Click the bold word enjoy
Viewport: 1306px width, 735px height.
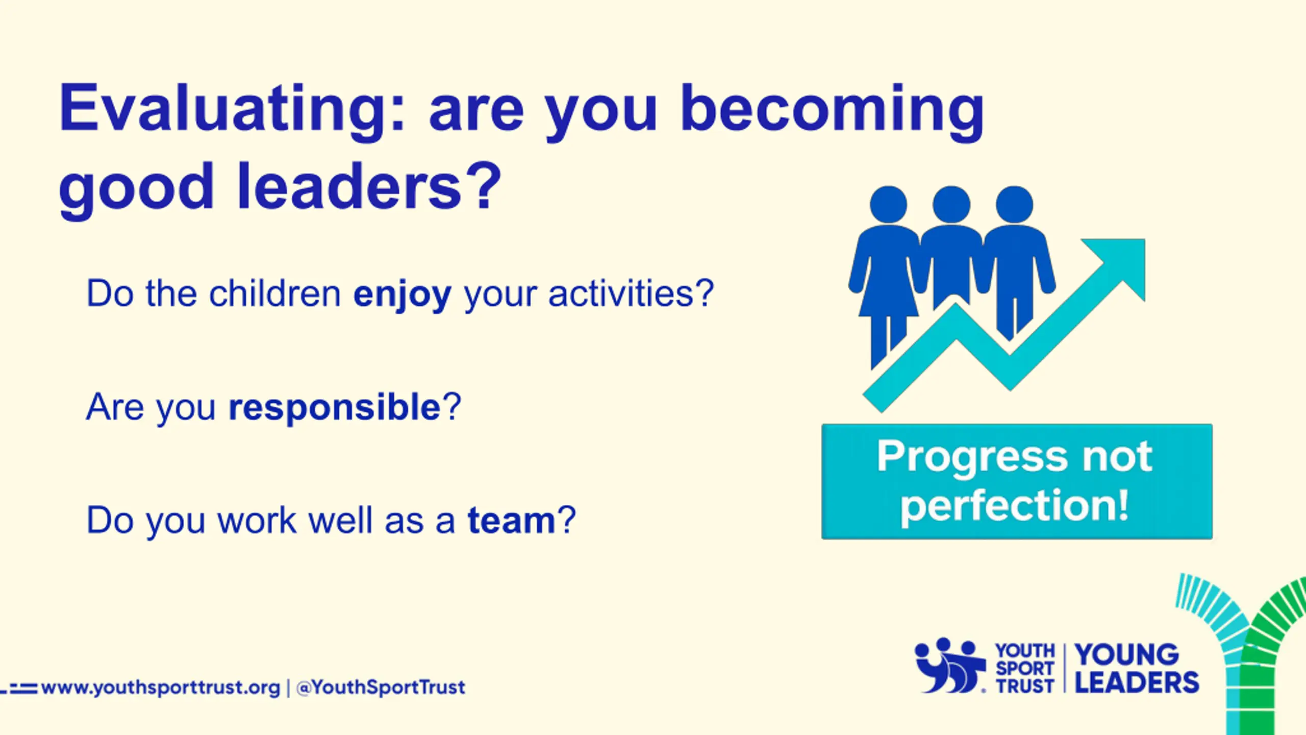coord(403,295)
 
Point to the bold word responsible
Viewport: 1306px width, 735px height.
coord(335,407)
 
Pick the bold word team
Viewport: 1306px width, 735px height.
coord(512,520)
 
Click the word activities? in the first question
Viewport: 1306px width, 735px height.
coord(631,293)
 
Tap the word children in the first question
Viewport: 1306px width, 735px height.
coord(275,293)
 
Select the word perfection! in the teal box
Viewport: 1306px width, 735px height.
coord(1015,506)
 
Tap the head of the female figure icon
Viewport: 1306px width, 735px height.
coord(888,205)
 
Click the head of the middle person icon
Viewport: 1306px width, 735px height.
coord(951,205)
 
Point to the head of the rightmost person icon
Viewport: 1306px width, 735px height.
coord(1015,205)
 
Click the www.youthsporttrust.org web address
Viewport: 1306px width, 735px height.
coord(161,688)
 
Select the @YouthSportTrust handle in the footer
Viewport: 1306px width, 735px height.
coord(381,687)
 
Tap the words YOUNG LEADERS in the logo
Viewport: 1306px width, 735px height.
coord(1137,668)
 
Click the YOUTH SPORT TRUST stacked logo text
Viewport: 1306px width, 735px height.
coord(1025,668)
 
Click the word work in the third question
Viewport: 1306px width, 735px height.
coord(257,520)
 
